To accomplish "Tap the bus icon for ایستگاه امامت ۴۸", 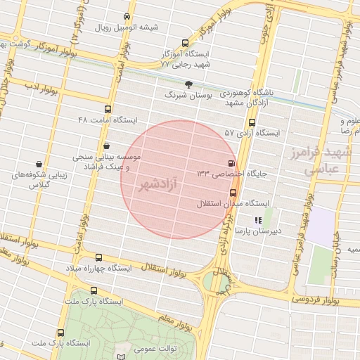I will [108, 109].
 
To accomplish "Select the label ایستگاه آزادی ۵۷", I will [252, 132].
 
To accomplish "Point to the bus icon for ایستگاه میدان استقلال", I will [233, 193].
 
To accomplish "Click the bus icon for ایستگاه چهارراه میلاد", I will [98, 257].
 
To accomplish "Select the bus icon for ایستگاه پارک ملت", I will [94, 290].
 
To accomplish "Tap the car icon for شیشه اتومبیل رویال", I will [126, 15].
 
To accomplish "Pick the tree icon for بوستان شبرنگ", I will [188, 84].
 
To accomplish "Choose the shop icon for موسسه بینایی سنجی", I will [106, 146].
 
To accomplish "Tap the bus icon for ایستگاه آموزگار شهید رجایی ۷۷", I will [185, 43].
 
